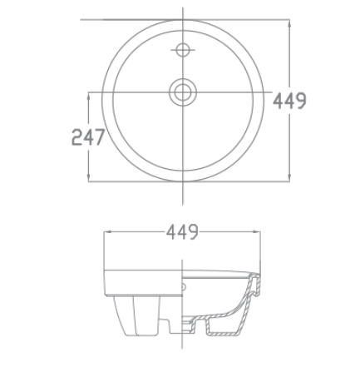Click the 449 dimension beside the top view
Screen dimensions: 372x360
[290, 101]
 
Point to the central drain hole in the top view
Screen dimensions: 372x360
[181, 92]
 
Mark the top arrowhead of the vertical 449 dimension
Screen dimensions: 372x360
[290, 24]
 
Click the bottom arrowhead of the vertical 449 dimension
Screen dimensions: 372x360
[290, 176]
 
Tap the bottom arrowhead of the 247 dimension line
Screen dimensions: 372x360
[89, 176]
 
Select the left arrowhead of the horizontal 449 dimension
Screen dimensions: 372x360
[106, 233]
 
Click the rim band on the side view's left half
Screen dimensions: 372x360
[141, 281]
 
